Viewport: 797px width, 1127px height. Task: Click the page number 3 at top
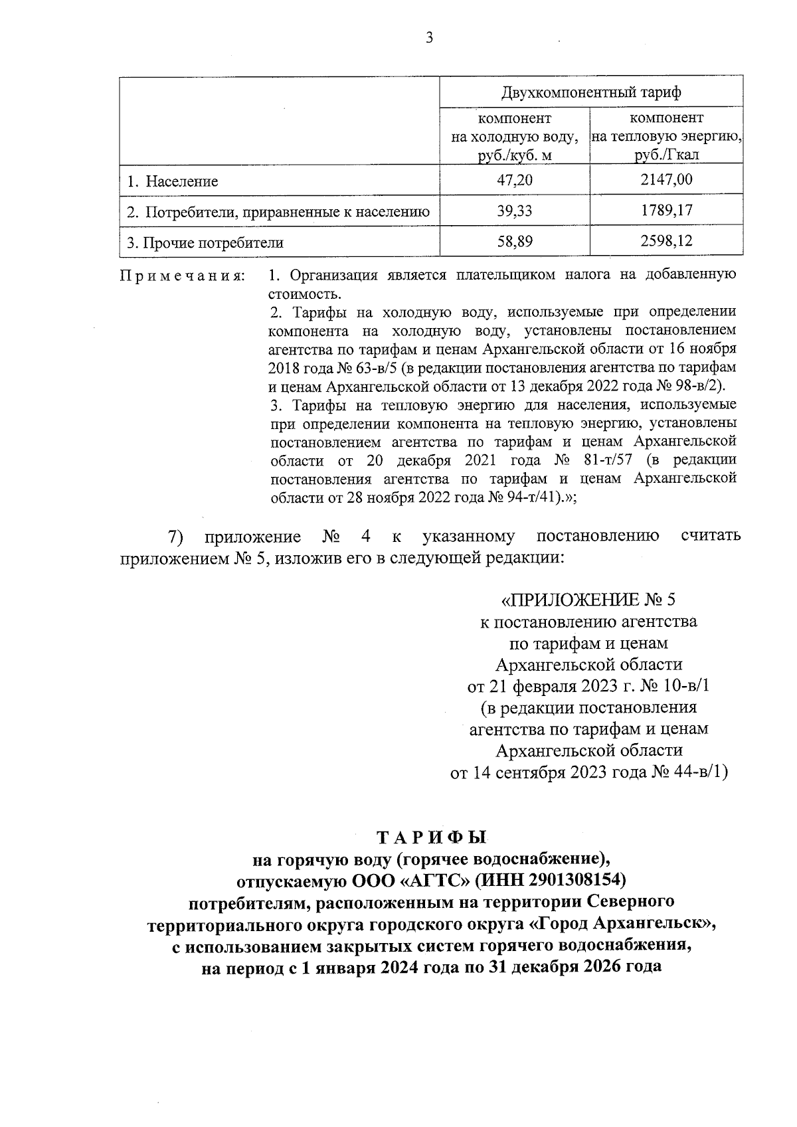click(429, 39)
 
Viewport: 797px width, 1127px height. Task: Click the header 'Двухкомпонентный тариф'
click(591, 92)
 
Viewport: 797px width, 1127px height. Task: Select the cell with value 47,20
click(515, 181)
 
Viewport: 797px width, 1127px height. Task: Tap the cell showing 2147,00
click(666, 180)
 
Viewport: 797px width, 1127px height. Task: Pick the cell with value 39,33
click(515, 211)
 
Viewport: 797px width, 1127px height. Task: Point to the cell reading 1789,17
click(666, 211)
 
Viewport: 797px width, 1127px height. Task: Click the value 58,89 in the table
click(515, 242)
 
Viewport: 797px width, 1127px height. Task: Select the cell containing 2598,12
click(666, 242)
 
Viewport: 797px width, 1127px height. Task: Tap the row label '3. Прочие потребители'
click(205, 243)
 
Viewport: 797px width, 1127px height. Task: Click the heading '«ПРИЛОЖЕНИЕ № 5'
click(588, 600)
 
